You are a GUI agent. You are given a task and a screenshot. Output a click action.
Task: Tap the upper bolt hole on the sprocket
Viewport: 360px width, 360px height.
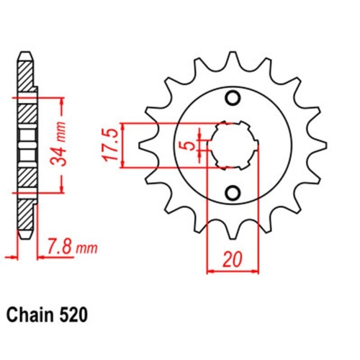[232, 98]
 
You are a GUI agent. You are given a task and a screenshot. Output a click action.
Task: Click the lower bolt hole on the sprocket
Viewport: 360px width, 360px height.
[232, 192]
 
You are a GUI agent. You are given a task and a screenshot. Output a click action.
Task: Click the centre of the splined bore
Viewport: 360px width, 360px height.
[232, 145]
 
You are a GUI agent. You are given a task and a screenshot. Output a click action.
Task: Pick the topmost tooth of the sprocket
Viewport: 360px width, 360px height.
[232, 58]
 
